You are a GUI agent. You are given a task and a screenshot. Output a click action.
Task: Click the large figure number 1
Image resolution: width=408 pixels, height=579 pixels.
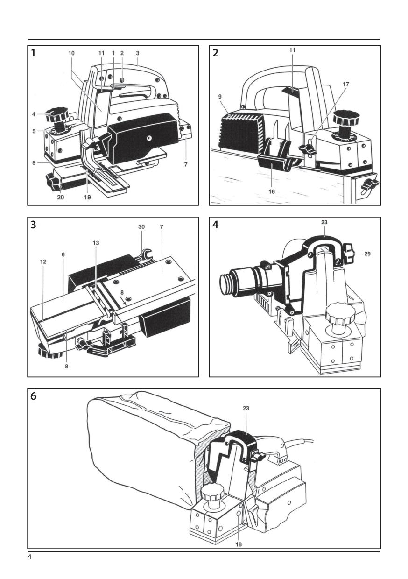(33, 53)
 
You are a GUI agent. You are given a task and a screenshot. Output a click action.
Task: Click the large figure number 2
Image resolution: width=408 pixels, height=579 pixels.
(215, 53)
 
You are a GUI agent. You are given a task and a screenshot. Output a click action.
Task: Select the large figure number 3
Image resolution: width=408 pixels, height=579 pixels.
(33, 225)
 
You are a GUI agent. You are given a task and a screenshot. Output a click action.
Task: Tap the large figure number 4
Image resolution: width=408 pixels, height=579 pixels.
(215, 225)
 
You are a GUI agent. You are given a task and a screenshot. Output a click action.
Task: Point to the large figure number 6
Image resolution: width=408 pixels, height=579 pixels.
(33, 396)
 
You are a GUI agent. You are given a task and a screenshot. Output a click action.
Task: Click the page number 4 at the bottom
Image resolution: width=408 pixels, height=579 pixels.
(29, 557)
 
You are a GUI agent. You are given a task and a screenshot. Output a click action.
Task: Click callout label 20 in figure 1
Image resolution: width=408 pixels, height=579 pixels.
(60, 197)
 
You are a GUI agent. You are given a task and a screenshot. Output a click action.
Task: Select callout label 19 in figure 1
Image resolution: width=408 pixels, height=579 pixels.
(87, 197)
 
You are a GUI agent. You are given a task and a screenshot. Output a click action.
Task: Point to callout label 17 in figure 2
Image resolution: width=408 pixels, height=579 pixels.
(345, 84)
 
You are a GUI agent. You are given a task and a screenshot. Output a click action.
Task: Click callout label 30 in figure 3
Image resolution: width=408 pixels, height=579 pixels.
(141, 227)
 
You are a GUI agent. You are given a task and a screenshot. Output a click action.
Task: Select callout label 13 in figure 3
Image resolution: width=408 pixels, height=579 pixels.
(96, 243)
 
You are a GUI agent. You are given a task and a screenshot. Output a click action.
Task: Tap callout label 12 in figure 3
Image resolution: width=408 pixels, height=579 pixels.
(43, 262)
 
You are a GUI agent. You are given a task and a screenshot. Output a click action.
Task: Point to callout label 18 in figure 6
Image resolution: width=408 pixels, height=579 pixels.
(239, 544)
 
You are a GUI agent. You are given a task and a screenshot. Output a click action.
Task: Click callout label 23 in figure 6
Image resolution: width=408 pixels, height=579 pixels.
(246, 408)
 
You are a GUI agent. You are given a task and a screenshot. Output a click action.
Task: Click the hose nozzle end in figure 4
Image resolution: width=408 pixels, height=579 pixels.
(227, 282)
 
